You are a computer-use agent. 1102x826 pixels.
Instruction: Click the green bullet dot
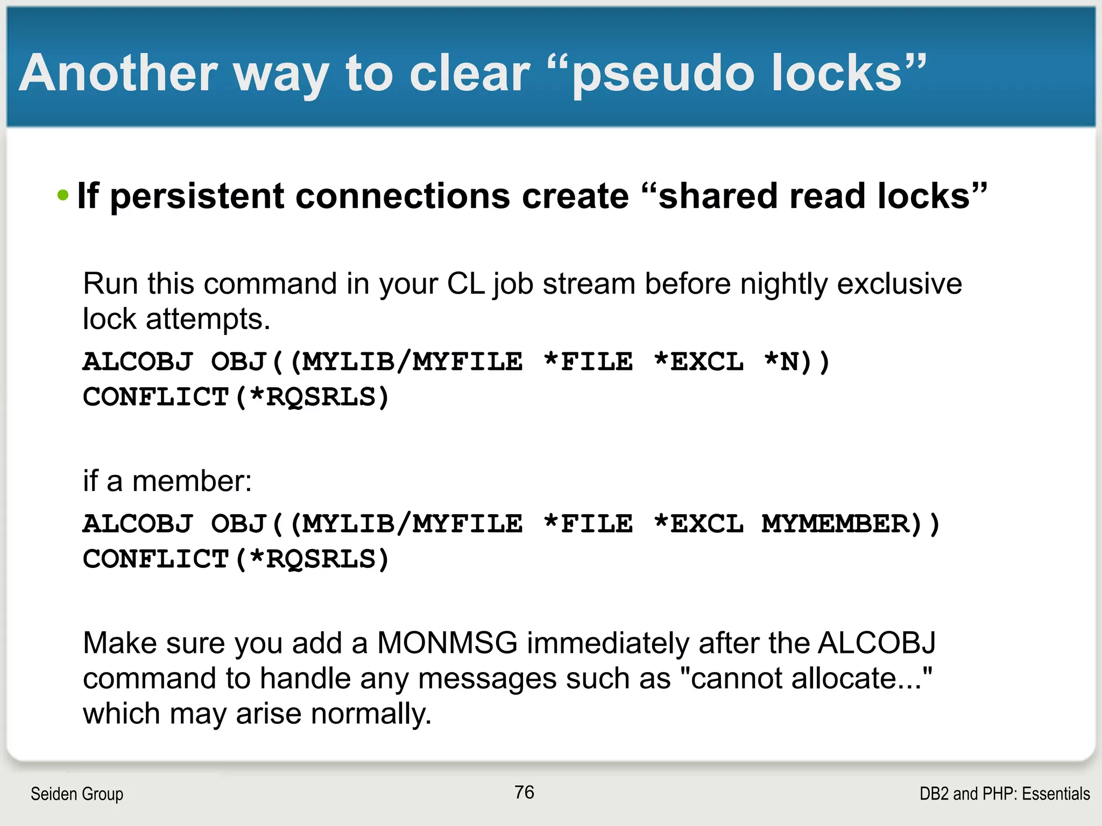pyautogui.click(x=63, y=195)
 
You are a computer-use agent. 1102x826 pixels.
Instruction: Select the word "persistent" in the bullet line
pyautogui.click(x=197, y=196)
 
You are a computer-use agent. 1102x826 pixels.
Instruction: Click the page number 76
pyautogui.click(x=524, y=792)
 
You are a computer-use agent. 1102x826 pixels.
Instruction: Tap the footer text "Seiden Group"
pyautogui.click(x=77, y=794)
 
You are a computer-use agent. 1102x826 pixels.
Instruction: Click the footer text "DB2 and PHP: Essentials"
pyautogui.click(x=1004, y=794)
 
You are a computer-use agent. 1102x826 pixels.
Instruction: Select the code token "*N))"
pyautogui.click(x=797, y=362)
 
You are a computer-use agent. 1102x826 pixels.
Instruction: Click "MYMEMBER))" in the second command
pyautogui.click(x=851, y=524)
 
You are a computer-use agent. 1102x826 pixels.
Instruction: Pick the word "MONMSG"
pyautogui.click(x=447, y=643)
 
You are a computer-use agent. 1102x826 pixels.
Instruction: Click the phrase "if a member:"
pyautogui.click(x=167, y=481)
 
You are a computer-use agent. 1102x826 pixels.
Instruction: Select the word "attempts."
pyautogui.click(x=208, y=319)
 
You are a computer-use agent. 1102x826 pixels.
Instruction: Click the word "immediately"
pyautogui.click(x=608, y=643)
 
